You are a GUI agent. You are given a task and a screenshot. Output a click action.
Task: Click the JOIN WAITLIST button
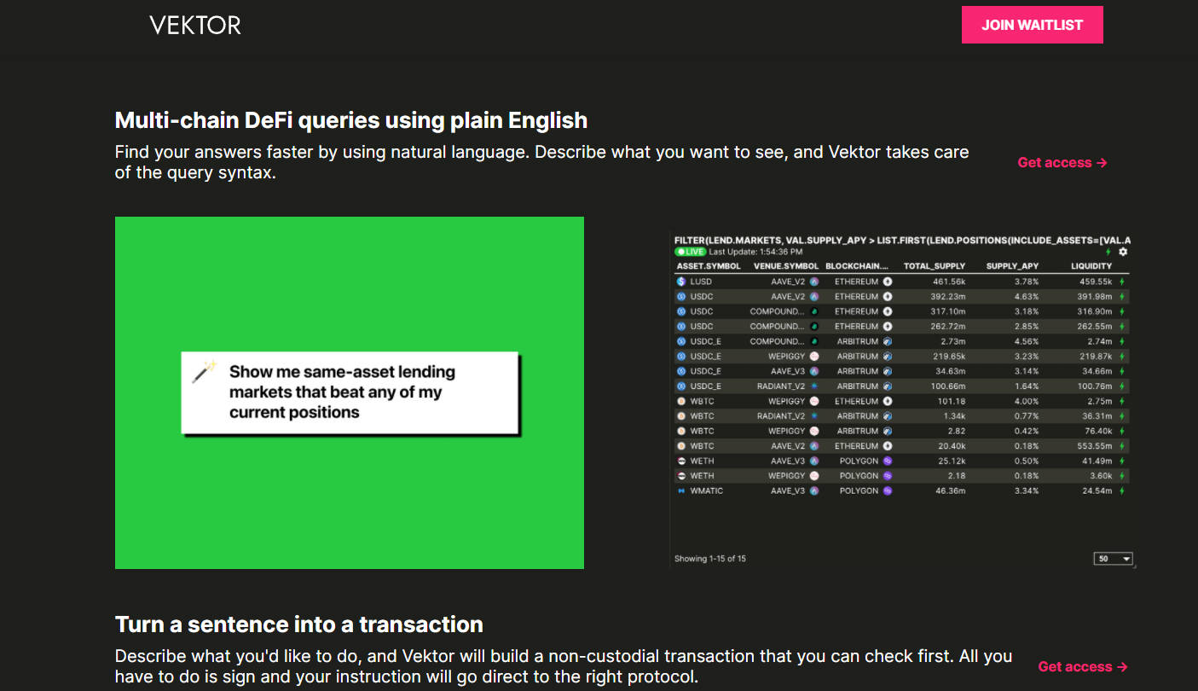click(1032, 25)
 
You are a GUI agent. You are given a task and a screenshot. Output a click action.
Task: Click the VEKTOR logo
click(195, 25)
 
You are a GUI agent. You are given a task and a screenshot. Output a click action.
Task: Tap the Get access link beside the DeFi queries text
click(1062, 163)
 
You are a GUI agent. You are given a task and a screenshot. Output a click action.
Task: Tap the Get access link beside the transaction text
click(1083, 667)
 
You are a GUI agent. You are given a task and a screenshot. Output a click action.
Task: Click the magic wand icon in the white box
click(204, 371)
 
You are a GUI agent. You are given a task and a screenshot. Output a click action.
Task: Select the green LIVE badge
click(691, 253)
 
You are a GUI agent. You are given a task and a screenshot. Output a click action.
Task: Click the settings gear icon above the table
click(1123, 252)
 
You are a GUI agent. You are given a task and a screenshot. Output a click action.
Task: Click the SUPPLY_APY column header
click(1012, 266)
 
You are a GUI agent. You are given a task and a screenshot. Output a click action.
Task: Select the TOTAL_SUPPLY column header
click(935, 266)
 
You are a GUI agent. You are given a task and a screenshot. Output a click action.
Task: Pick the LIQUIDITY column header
click(1091, 266)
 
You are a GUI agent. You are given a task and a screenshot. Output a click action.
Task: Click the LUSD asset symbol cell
click(701, 282)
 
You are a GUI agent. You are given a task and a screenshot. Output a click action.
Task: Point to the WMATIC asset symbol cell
click(707, 491)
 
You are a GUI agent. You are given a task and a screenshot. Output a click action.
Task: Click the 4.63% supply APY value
click(1027, 297)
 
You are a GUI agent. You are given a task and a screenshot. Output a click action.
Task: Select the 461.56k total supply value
click(949, 282)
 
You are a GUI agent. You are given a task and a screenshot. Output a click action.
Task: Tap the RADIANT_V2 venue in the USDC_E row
click(781, 386)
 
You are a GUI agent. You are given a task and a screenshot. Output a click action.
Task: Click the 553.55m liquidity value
click(1094, 446)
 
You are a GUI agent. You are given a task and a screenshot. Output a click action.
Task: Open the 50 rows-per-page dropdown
click(1113, 559)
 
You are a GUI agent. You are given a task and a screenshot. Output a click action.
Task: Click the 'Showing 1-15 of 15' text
click(709, 559)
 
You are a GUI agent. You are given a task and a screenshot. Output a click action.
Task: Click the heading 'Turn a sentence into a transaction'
click(299, 624)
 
